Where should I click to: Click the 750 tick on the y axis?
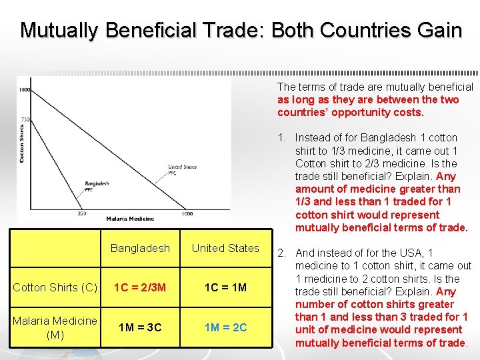(x=25, y=119)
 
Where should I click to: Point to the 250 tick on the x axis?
(x=82, y=213)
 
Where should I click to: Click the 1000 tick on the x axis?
(x=186, y=213)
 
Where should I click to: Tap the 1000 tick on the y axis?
(x=24, y=89)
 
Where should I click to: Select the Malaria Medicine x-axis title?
(x=130, y=219)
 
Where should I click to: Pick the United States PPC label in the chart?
(x=181, y=170)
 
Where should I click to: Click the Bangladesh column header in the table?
(x=140, y=248)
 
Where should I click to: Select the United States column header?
(x=225, y=248)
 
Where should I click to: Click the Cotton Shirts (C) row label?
(x=55, y=287)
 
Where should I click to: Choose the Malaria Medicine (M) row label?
(x=55, y=327)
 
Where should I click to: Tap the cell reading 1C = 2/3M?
(x=140, y=287)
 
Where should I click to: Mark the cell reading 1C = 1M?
(x=225, y=287)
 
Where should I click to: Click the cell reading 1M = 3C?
(x=140, y=327)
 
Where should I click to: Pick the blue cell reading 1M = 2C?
(x=225, y=327)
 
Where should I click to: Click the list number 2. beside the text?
(x=283, y=253)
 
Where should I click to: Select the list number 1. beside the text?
(x=283, y=138)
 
